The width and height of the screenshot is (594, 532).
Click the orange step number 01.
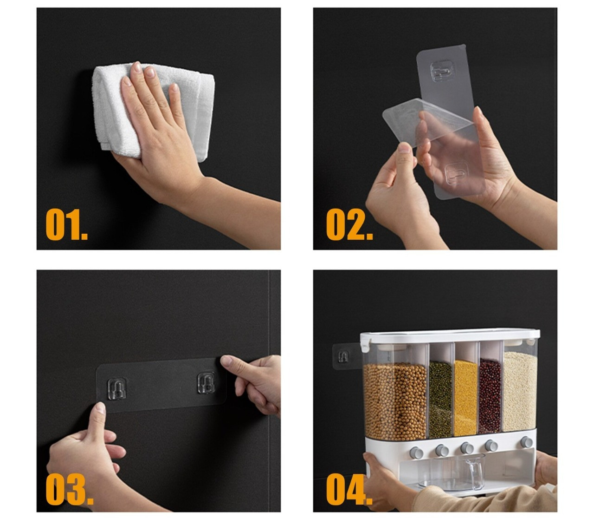click(x=66, y=224)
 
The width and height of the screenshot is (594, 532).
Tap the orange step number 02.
click(x=349, y=224)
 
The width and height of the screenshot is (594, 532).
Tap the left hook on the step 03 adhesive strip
click(x=116, y=389)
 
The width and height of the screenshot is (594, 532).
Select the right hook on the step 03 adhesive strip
click(x=206, y=383)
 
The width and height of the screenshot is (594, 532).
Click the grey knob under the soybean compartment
click(x=416, y=452)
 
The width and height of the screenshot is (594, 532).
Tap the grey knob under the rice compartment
click(x=527, y=442)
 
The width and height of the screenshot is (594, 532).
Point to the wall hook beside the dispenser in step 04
click(x=343, y=356)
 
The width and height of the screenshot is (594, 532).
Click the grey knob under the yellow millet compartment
click(x=466, y=448)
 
